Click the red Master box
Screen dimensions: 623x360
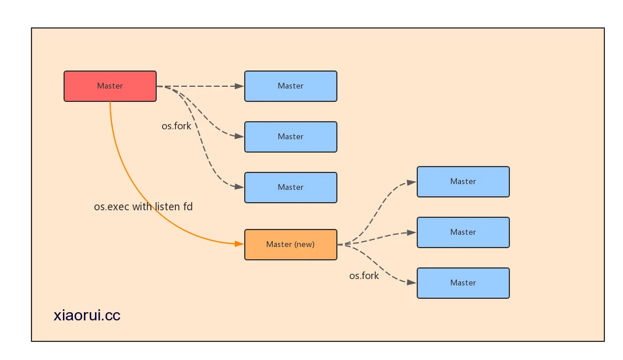pyautogui.click(x=110, y=86)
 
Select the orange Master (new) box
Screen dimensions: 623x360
pyautogui.click(x=291, y=245)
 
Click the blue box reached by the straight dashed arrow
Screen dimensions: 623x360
pyautogui.click(x=291, y=86)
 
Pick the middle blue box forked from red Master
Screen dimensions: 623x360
pyautogui.click(x=291, y=137)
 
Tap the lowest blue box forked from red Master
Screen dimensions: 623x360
pyautogui.click(x=291, y=188)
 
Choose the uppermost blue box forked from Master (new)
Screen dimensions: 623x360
pyautogui.click(x=463, y=182)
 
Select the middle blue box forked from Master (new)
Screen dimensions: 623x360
pyautogui.click(x=463, y=232)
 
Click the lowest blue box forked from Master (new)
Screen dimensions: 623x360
pyautogui.click(x=463, y=283)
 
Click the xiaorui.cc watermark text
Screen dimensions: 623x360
pyautogui.click(x=87, y=315)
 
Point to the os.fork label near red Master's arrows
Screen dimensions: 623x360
pyautogui.click(x=177, y=126)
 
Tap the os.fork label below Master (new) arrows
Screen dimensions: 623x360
pyautogui.click(x=364, y=276)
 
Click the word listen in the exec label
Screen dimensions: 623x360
pyautogui.click(x=167, y=207)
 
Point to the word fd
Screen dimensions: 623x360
pyautogui.click(x=188, y=207)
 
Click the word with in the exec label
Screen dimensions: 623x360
pyautogui.click(x=142, y=207)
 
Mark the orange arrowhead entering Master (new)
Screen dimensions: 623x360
pyautogui.click(x=239, y=243)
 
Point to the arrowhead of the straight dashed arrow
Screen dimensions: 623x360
pyautogui.click(x=239, y=86)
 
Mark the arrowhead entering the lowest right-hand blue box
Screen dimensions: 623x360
pyautogui.click(x=411, y=283)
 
